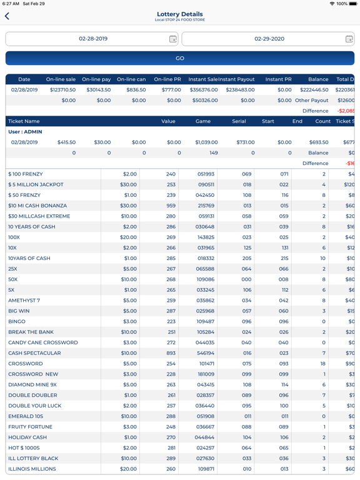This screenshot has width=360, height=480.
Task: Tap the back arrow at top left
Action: pos(7,16)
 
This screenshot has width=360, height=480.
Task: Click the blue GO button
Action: pos(180,58)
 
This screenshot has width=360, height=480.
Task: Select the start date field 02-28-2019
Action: pos(92,39)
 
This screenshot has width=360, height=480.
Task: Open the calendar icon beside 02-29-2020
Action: pos(349,39)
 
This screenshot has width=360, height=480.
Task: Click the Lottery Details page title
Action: pos(180,14)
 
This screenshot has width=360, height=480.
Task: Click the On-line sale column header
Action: pos(61,79)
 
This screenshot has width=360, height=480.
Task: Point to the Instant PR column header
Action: pos(278,79)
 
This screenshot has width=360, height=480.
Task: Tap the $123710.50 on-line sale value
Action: pos(62,90)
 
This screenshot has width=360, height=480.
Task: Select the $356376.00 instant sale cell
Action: pos(204,90)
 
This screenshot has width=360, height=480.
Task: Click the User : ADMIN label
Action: pos(24,132)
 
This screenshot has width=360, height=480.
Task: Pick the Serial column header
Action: pos(239,121)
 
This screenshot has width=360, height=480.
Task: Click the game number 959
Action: pos(171,206)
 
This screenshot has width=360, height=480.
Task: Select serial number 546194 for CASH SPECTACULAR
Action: pos(206,353)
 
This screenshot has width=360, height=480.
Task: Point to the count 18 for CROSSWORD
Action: pos(324,364)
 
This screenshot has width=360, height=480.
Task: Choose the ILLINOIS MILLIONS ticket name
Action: pos(32,469)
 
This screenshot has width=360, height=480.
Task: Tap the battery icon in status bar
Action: pos(352,4)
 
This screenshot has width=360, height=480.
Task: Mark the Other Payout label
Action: pos(311,101)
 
